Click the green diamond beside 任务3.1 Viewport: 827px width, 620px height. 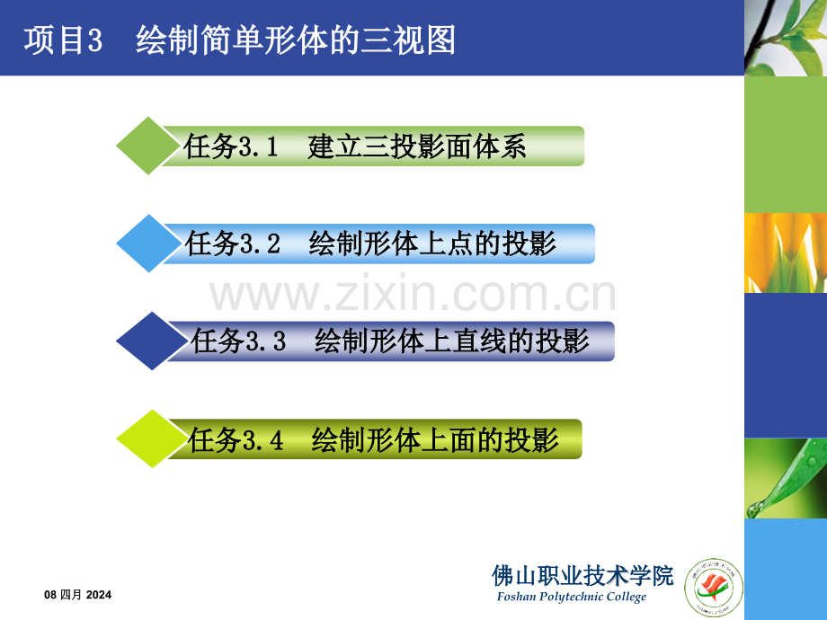[146, 146]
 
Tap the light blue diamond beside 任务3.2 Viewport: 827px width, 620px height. [146, 244]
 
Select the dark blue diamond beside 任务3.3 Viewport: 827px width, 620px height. [146, 341]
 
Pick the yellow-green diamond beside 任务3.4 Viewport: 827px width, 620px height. [146, 439]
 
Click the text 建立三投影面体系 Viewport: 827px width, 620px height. [416, 146]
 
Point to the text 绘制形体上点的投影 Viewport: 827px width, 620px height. [432, 244]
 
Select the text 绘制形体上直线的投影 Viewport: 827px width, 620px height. [452, 341]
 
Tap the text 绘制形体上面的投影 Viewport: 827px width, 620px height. [436, 439]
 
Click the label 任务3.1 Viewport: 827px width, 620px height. [233, 146]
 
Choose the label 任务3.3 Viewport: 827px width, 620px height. [238, 341]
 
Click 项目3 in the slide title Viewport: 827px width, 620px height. [65, 40]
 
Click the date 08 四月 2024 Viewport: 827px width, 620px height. [78, 595]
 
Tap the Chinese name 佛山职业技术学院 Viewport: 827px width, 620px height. [582, 575]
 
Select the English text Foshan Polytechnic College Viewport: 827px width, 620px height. [571, 598]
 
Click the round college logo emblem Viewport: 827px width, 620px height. [715, 589]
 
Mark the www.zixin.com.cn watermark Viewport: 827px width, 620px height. [413, 296]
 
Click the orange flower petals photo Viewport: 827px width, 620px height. [785, 252]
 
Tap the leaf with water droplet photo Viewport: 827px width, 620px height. [785, 478]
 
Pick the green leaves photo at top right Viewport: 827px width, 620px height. [785, 38]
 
